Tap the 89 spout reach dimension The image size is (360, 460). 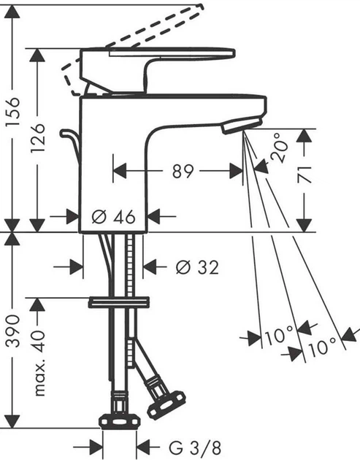click(183, 172)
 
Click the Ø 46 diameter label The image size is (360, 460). click(115, 217)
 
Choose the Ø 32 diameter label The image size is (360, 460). click(197, 267)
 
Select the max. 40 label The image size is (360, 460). click(38, 361)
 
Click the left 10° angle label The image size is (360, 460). click(278, 337)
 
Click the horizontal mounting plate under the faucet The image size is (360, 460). click(118, 302)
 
